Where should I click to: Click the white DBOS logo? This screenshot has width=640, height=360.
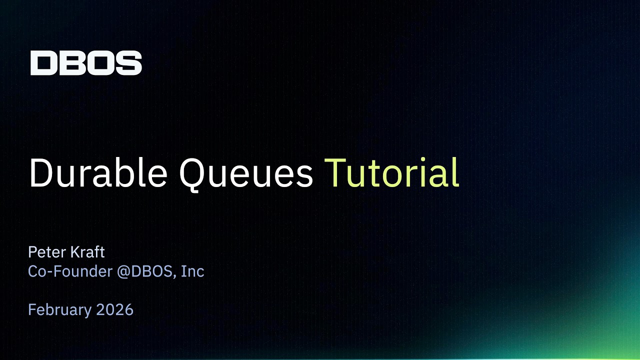[x=86, y=63]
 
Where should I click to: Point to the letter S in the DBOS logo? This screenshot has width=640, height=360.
[x=128, y=63]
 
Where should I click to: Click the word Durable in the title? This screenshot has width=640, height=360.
[x=98, y=172]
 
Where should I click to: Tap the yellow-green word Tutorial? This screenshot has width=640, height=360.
[x=391, y=172]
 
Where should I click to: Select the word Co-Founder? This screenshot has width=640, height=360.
[x=70, y=271]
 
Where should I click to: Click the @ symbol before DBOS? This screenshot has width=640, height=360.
[x=123, y=271]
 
